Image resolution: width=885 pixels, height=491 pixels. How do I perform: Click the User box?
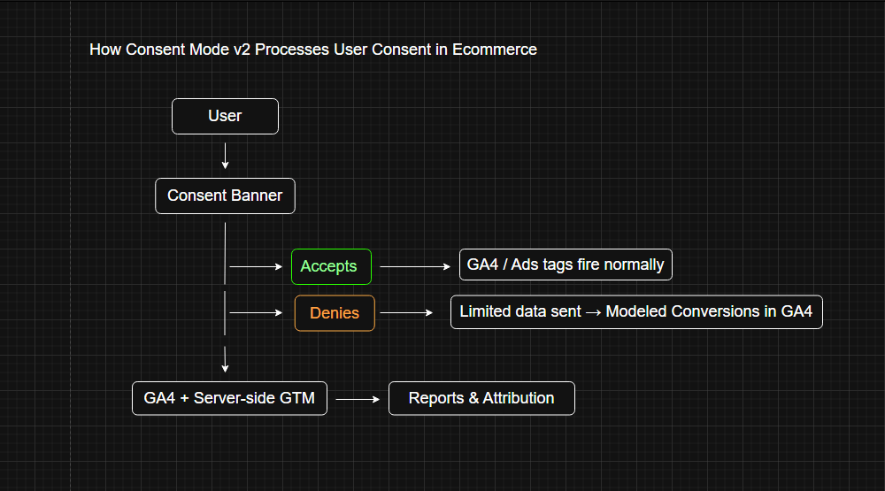[x=225, y=116]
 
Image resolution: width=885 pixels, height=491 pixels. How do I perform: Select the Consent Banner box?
[x=225, y=196]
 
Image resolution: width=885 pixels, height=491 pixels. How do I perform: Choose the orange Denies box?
[x=335, y=313]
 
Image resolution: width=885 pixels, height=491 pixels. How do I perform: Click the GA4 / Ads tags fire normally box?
[x=566, y=265]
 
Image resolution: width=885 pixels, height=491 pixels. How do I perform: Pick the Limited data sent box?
[x=636, y=311]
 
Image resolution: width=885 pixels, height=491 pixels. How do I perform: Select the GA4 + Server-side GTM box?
[x=229, y=398]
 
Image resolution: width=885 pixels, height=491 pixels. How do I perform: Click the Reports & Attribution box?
[x=481, y=398]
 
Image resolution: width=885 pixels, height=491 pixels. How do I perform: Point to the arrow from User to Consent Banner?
[x=226, y=156]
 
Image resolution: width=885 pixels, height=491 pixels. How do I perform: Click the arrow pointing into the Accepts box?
[x=257, y=266]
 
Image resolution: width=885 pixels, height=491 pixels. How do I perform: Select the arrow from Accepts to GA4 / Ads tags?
[x=415, y=265]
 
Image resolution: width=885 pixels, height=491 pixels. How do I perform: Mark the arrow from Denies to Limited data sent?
[x=407, y=312]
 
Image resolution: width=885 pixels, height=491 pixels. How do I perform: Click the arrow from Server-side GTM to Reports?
[x=358, y=399]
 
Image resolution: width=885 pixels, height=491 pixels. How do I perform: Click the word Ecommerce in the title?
[x=495, y=50]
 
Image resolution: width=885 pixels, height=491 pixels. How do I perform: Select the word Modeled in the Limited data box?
[x=635, y=311]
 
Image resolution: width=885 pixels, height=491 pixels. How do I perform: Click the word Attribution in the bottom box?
[x=519, y=398]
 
